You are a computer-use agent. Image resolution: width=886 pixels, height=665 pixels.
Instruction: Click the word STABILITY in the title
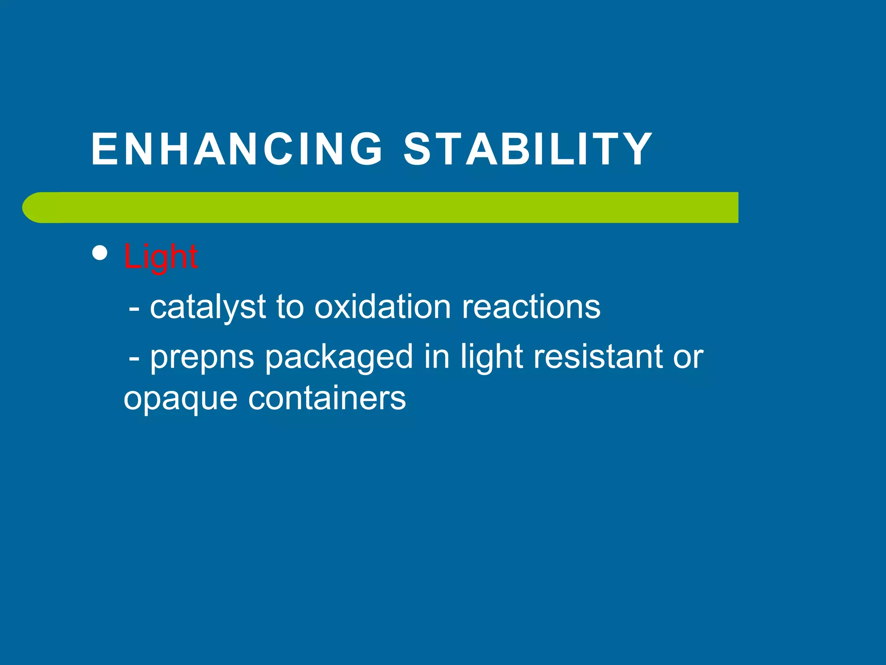(528, 149)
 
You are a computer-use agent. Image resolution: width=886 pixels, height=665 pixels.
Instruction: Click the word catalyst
(208, 307)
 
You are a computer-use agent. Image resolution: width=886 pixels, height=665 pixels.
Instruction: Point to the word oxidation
(382, 307)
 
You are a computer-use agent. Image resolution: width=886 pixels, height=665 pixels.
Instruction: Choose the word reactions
(531, 307)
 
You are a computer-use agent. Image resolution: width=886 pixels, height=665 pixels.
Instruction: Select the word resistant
(597, 357)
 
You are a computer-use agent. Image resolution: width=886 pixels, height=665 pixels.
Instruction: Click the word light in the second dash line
(492, 358)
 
